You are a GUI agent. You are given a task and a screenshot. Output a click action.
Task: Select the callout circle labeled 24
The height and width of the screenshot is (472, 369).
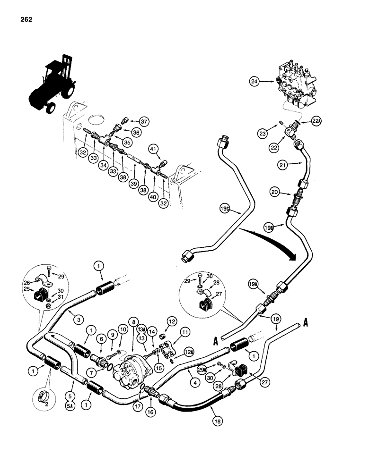coord(256,81)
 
